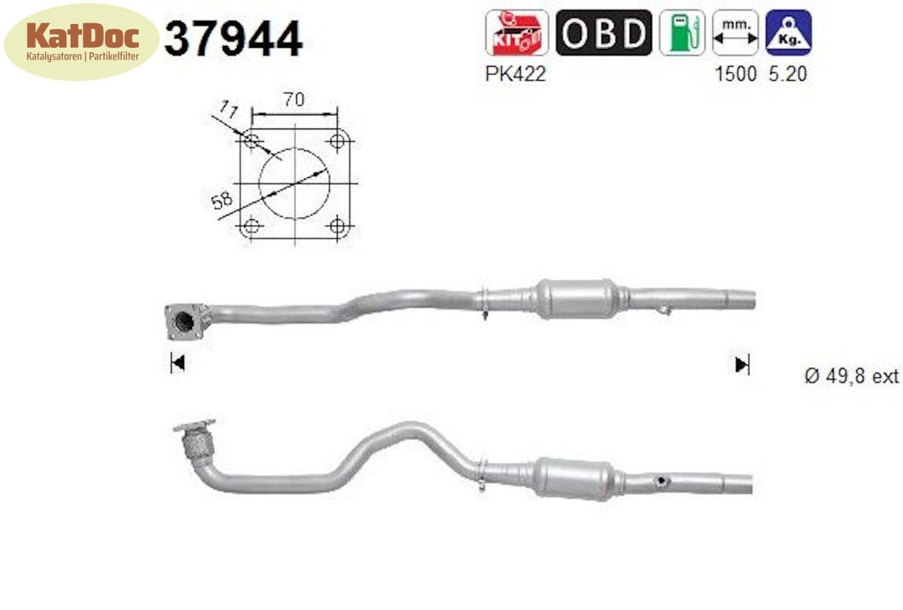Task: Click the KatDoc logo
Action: point(81,41)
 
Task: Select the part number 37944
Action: point(233,39)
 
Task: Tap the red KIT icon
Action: point(516,32)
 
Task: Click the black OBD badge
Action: point(603,32)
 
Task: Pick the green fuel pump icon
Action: point(681,32)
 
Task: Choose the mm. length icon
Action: point(736,32)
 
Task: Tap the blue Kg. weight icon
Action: point(789,32)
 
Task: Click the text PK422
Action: point(515,74)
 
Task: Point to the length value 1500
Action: point(736,74)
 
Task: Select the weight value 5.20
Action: point(788,74)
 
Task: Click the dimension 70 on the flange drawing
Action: point(294,99)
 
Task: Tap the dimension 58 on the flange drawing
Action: point(221,201)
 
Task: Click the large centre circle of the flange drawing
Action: point(294,183)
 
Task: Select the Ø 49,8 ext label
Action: point(851,376)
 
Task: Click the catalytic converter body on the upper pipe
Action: point(577,299)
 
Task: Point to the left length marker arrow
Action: point(177,363)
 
